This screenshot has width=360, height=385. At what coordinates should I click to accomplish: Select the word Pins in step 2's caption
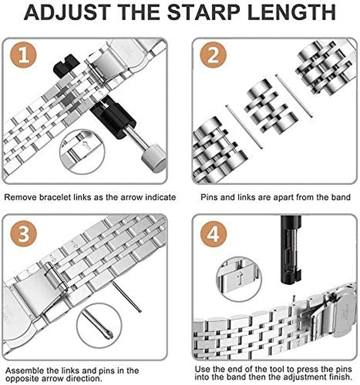pos(209,197)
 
